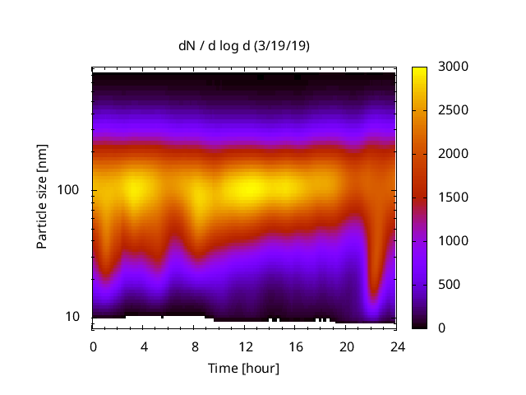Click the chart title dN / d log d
click(x=215, y=47)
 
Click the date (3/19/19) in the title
click(x=282, y=47)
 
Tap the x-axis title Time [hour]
click(x=243, y=368)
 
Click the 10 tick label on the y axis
click(x=75, y=317)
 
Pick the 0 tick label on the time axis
click(x=93, y=346)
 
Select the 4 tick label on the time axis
click(x=144, y=346)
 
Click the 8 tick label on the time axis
click(x=194, y=346)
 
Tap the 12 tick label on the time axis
click(x=245, y=346)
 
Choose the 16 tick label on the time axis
click(x=296, y=346)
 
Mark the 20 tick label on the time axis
click(x=346, y=346)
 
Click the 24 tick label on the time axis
click(x=397, y=346)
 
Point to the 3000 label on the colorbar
click(x=454, y=67)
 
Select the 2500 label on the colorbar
click(x=454, y=110)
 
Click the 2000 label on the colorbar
click(x=454, y=154)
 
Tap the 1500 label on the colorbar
click(x=454, y=197)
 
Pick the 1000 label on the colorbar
click(x=454, y=241)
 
